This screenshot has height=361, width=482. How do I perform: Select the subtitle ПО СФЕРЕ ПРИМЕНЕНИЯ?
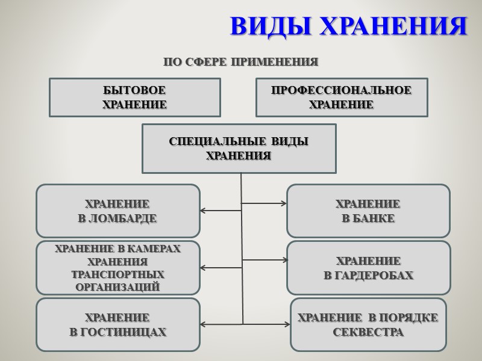[240, 62]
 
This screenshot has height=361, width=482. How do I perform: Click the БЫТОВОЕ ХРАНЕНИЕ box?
[134, 97]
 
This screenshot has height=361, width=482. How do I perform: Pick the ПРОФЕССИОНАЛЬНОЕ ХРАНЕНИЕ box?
[342, 97]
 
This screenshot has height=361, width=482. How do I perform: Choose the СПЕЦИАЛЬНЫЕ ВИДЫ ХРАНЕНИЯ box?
[239, 149]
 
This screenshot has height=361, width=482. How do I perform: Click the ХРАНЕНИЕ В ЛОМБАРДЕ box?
[117, 211]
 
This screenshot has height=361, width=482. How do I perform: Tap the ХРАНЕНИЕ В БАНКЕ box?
[368, 211]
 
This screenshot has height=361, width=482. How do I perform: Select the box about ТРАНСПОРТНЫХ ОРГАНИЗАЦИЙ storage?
[117, 268]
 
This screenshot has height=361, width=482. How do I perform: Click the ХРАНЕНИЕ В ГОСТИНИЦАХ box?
[117, 324]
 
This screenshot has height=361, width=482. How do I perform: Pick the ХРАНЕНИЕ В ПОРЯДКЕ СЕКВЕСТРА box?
[368, 324]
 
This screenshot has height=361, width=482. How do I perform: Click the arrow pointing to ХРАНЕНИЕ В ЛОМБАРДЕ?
[221, 211]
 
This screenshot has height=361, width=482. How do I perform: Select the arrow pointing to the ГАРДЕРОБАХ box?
[265, 260]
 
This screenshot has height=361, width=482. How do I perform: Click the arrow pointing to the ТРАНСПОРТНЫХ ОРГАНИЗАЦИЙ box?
[221, 267]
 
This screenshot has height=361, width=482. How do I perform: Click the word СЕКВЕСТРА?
[368, 332]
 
